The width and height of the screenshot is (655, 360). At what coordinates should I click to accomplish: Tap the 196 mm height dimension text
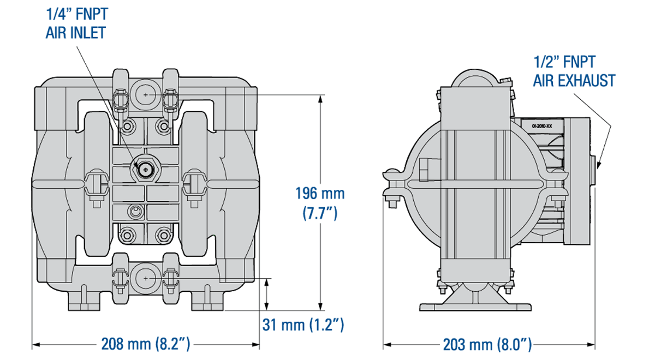[x=320, y=194]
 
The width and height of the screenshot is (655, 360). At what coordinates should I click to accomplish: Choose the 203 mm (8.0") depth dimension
[x=487, y=344]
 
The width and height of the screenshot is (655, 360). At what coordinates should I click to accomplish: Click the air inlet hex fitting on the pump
[x=145, y=169]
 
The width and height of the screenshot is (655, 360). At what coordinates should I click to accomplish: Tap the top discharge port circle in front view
[x=146, y=94]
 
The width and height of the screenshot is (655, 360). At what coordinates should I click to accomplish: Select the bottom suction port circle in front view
[x=146, y=278]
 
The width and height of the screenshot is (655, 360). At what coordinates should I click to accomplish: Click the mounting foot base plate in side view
[x=474, y=305]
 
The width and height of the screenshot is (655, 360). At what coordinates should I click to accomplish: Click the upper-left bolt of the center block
[x=128, y=127]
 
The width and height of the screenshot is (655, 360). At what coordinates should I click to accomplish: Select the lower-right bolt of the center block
[x=163, y=236]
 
